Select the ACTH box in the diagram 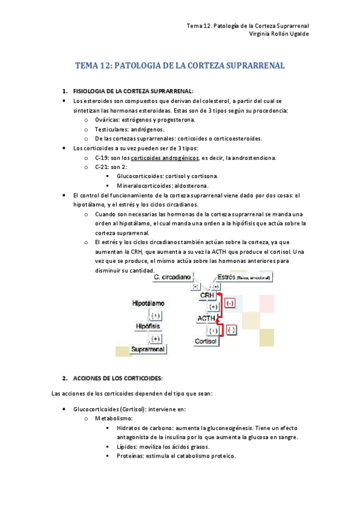point(206,318)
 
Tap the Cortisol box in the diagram point(206,341)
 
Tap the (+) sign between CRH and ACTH point(213,307)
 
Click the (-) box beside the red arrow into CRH point(230,304)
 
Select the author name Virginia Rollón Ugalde point(279,34)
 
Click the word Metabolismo point(114,418)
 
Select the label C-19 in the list point(102,158)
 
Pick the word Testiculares point(112,129)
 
